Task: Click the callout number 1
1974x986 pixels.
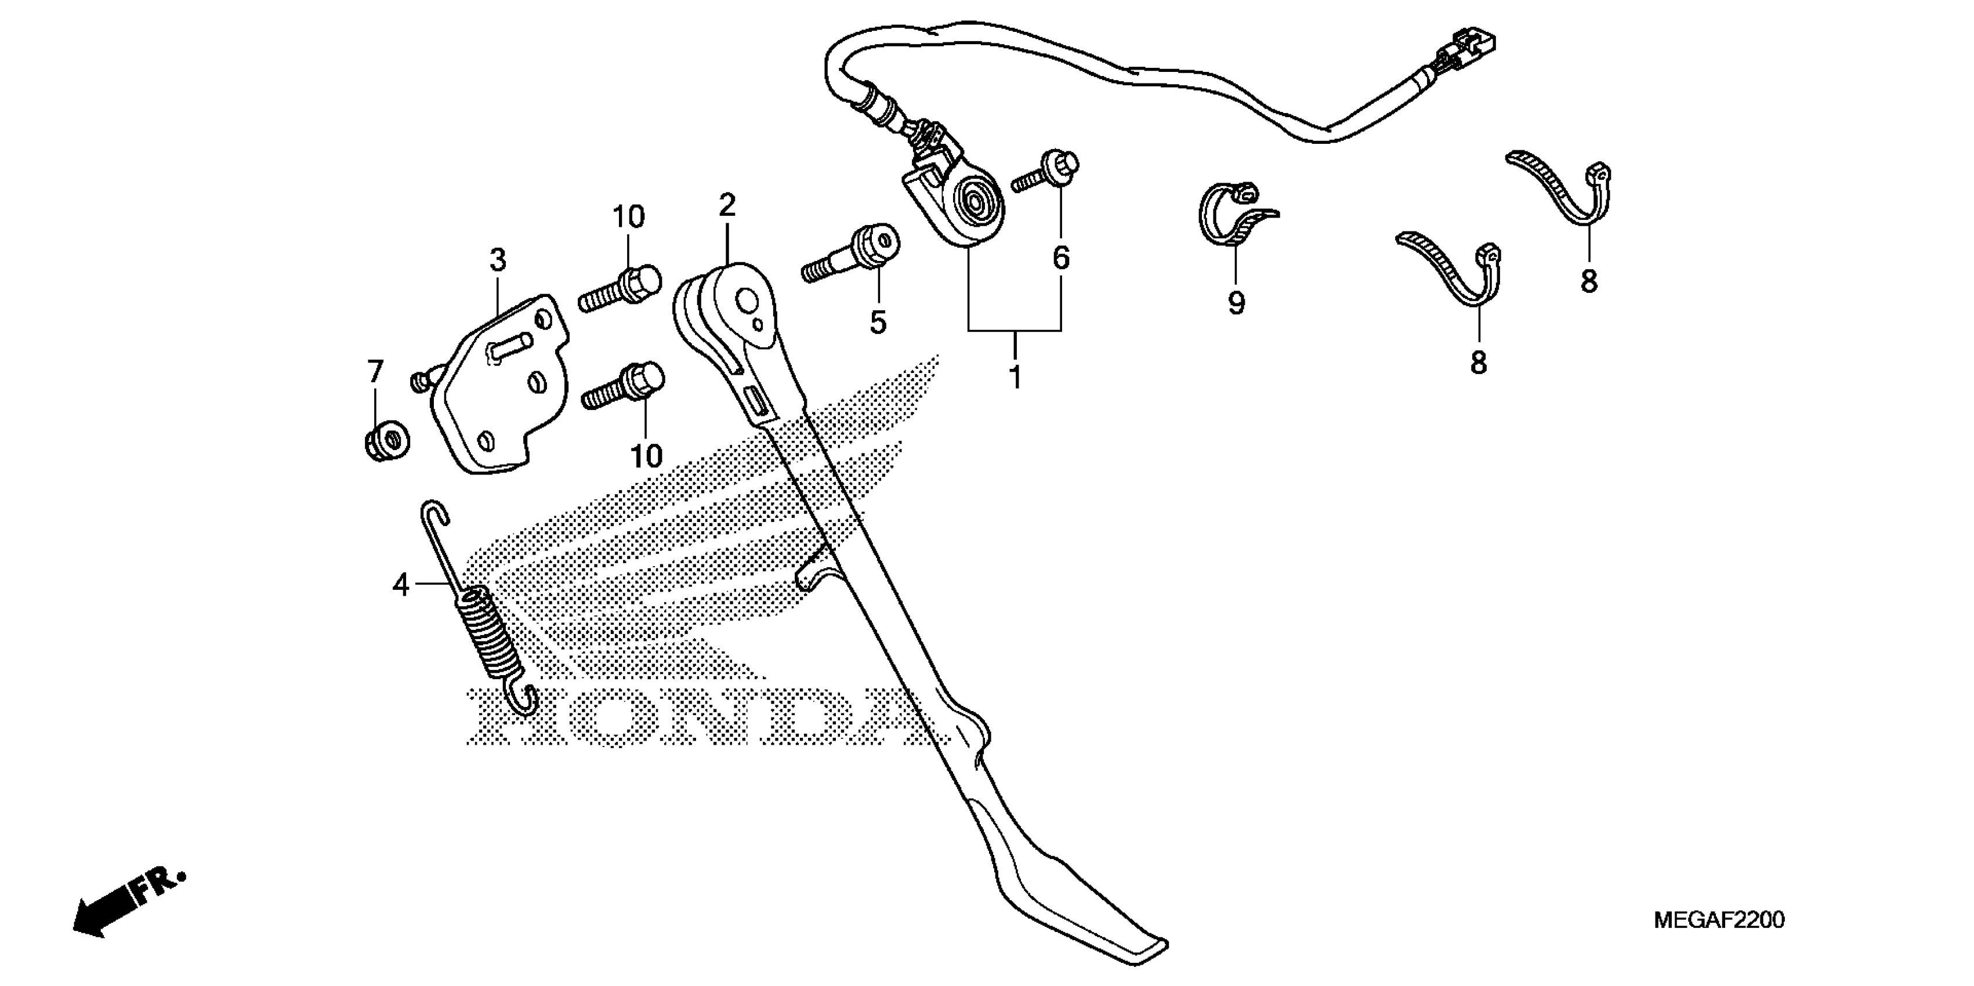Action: (1015, 378)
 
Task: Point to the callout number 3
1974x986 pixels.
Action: (498, 260)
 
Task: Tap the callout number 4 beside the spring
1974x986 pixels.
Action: (401, 585)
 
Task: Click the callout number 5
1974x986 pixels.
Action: (878, 322)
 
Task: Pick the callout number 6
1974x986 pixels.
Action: (1060, 259)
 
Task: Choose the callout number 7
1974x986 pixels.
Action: (375, 372)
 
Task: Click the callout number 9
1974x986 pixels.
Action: (1236, 303)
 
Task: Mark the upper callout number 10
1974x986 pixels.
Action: (628, 217)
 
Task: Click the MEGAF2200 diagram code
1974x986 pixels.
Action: (1719, 919)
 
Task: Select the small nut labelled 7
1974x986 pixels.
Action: (387, 442)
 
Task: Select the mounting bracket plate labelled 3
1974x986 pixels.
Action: (502, 383)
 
